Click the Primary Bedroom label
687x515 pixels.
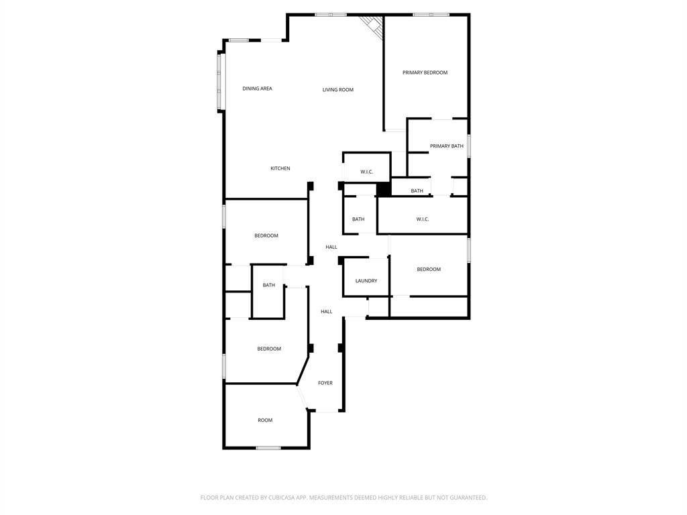pyautogui.click(x=425, y=72)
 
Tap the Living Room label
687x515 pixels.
pyautogui.click(x=338, y=90)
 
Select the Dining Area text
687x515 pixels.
pyautogui.click(x=257, y=89)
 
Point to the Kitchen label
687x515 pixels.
pyautogui.click(x=280, y=168)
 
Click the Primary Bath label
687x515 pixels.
pyautogui.click(x=446, y=146)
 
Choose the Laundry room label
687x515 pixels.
pyautogui.click(x=366, y=281)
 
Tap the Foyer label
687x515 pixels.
pyautogui.click(x=325, y=383)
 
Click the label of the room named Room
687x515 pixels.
pyautogui.click(x=265, y=420)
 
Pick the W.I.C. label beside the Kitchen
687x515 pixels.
pyautogui.click(x=367, y=172)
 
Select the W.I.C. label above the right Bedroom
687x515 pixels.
pyautogui.click(x=423, y=219)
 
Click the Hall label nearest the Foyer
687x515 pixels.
pyautogui.click(x=327, y=311)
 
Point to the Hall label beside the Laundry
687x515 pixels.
pyautogui.click(x=331, y=247)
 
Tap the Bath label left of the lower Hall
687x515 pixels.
pyautogui.click(x=268, y=285)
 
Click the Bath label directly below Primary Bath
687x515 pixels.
pyautogui.click(x=417, y=190)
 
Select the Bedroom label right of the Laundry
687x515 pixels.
pyautogui.click(x=429, y=270)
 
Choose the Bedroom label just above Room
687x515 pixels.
pyautogui.click(x=269, y=349)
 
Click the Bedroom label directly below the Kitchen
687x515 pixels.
pyautogui.click(x=266, y=235)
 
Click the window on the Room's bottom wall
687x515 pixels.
pyautogui.click(x=268, y=447)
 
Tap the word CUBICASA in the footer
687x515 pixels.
pyautogui.click(x=281, y=498)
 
